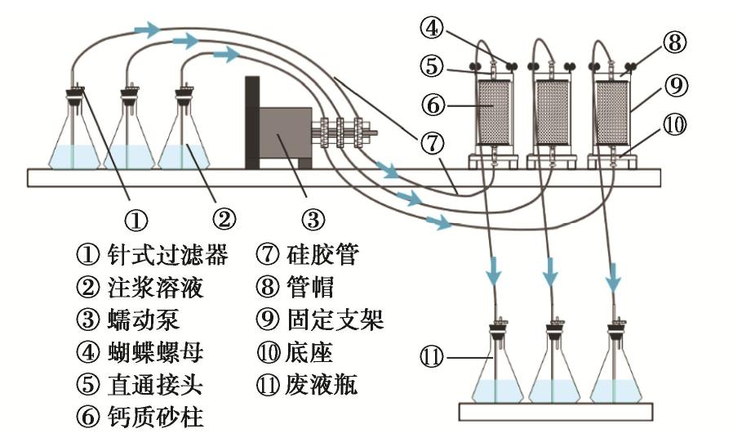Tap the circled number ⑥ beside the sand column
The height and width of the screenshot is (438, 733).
(433, 105)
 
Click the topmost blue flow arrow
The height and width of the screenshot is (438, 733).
(147, 30)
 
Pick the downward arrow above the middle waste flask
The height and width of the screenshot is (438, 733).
(553, 269)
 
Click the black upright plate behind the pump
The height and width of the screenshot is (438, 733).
(252, 122)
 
